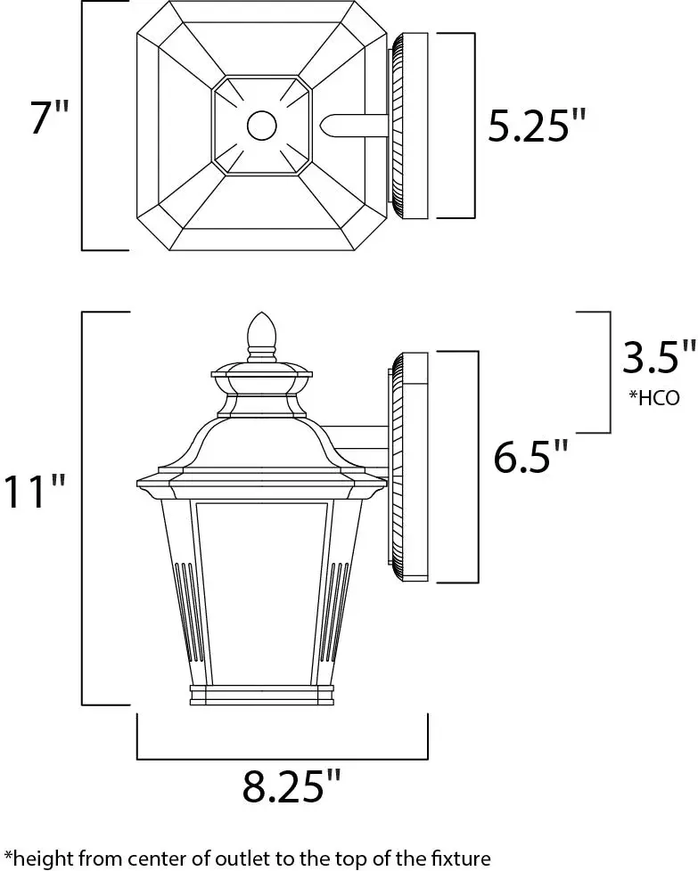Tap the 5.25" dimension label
[538, 125]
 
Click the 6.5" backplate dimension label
[531, 456]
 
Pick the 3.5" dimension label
[659, 356]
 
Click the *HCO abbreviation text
[654, 398]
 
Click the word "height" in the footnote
[37, 859]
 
